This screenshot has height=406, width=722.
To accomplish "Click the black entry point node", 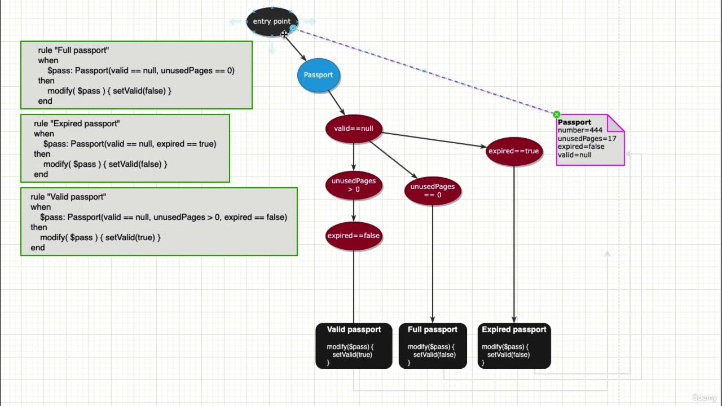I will tap(272, 21).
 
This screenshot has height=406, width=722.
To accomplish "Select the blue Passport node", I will tap(319, 75).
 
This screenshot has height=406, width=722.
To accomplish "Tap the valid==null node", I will tap(354, 129).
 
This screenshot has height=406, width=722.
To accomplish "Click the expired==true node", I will tap(514, 151).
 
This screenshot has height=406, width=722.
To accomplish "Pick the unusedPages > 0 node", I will tap(354, 185).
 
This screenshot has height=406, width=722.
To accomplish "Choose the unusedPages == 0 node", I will tap(433, 191).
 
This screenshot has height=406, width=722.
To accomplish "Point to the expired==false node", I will tap(354, 236).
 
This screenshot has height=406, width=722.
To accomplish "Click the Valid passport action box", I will tap(354, 346).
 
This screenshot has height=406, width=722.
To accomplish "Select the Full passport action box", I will tap(433, 346).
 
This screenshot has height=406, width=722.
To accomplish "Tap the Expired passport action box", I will tap(514, 346).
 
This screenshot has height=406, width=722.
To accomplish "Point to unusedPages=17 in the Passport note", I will tap(587, 138).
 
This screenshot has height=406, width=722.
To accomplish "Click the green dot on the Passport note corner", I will tap(557, 114).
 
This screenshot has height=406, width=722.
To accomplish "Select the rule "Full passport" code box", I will tap(136, 75).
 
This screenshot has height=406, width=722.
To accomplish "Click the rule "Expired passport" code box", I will tap(125, 148).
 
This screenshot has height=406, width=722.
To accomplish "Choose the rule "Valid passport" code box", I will tap(159, 222).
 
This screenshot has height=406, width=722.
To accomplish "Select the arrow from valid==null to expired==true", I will tap(434, 140).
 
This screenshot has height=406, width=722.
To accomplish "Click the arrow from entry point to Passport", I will tap(296, 50).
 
